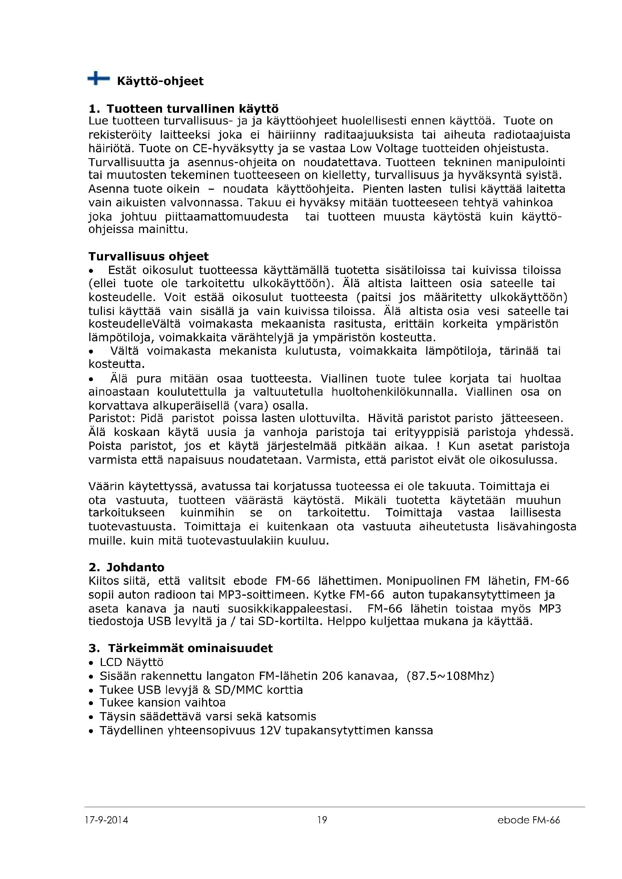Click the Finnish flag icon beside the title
[99, 79]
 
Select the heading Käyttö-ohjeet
[160, 81]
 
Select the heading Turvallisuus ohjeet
[149, 256]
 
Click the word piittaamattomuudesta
[226, 217]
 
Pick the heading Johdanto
[135, 567]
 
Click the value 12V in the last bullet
[270, 731]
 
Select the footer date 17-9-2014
[106, 820]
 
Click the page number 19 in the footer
[322, 820]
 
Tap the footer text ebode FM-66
[528, 820]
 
